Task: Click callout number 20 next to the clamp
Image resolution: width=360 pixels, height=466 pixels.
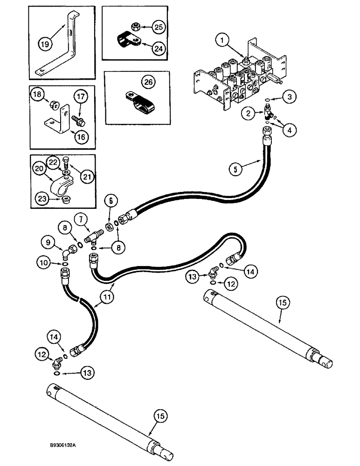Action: coord(40,169)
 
